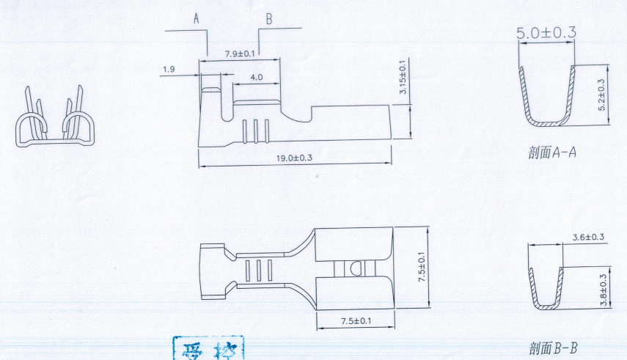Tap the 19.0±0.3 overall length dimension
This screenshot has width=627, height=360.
294,158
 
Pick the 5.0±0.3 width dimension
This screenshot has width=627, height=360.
546,32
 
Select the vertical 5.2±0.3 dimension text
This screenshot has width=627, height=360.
603,95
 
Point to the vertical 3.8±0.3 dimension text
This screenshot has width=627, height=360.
603,290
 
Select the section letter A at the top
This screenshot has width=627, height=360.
197,20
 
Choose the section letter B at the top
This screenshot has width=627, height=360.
268,20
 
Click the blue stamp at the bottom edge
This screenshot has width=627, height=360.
208,349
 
